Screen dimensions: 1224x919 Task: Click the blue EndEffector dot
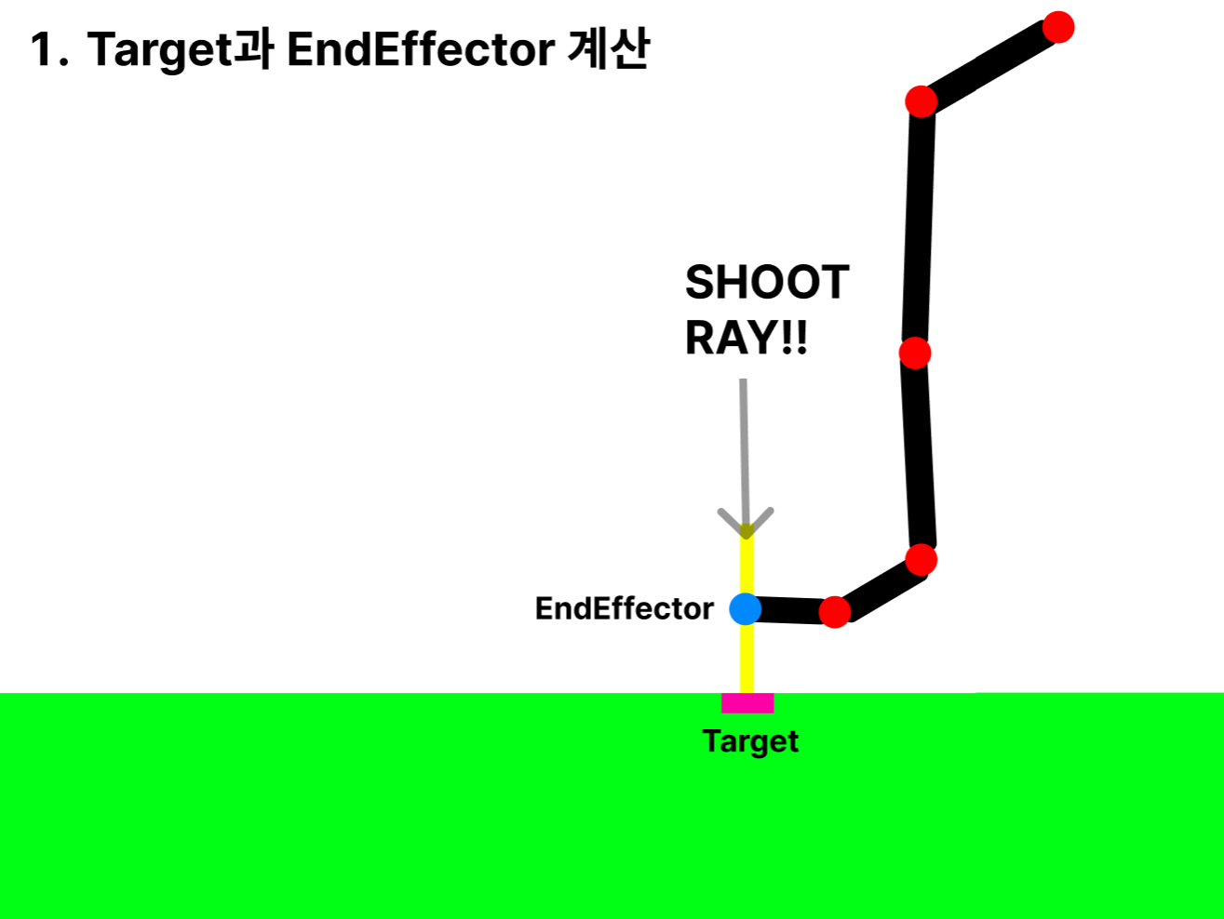point(745,608)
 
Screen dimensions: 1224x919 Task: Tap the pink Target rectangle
point(747,703)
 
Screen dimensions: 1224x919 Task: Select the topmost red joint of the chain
point(1058,27)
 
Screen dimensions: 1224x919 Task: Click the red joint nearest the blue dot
point(835,612)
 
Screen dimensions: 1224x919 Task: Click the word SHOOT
point(767,283)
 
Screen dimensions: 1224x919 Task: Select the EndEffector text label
point(624,608)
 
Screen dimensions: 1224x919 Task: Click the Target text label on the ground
point(750,741)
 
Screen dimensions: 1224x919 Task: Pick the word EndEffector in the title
point(421,50)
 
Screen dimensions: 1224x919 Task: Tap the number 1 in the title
point(42,50)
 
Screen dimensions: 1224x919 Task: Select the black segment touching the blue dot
point(791,610)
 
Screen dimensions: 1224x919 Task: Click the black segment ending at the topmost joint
point(989,64)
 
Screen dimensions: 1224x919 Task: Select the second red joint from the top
point(921,100)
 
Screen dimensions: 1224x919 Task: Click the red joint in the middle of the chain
point(915,353)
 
